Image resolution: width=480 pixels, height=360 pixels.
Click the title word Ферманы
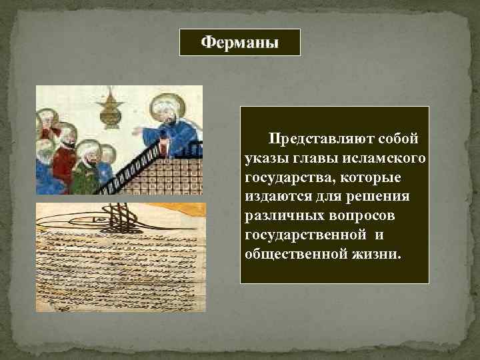(x=240, y=43)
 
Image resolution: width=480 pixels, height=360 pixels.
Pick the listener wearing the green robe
(x=87, y=173)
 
